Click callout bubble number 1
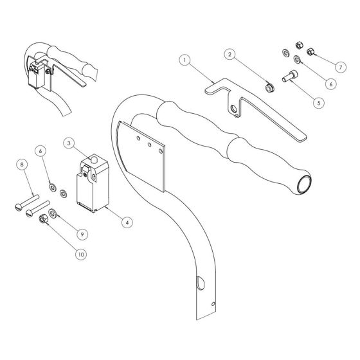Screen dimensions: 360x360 185,60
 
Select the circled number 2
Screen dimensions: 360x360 230,54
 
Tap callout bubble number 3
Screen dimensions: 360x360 69,143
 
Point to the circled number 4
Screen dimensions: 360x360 127,222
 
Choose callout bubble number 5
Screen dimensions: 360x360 319,102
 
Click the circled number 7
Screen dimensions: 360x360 341,67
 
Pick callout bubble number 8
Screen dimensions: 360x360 22,165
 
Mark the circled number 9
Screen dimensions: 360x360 82,234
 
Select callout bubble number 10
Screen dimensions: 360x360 81,255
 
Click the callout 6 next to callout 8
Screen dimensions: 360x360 40,151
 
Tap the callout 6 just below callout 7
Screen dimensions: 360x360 331,84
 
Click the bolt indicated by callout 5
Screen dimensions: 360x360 290,76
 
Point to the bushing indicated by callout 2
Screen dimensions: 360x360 269,87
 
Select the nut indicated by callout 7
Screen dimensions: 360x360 310,51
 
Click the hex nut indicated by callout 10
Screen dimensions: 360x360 44,219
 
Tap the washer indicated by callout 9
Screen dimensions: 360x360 53,213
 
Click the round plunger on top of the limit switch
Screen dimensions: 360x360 93,159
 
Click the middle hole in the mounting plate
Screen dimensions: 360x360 149,145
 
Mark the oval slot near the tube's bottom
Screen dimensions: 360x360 200,283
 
